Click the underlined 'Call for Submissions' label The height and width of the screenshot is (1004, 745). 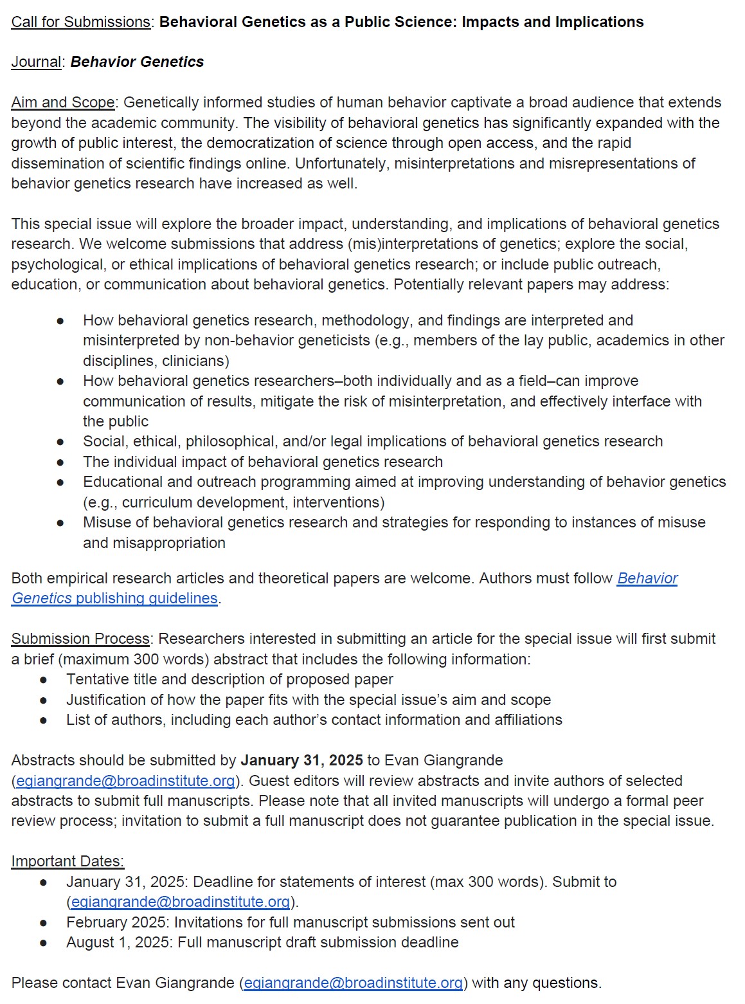(81, 22)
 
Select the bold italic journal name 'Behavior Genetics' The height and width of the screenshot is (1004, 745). (137, 62)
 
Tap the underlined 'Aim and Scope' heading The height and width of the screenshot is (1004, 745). (63, 102)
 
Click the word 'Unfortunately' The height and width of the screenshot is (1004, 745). (341, 163)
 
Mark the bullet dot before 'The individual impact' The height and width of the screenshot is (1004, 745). (60, 462)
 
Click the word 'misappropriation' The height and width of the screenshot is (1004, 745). (154, 543)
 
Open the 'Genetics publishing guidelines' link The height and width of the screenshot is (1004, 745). (115, 598)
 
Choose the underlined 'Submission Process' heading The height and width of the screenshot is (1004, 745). (81, 639)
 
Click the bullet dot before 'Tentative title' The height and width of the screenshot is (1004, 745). (44, 679)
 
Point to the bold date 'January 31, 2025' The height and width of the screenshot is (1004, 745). (301, 760)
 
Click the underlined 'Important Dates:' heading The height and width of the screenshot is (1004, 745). (67, 861)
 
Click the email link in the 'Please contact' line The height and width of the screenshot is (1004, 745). (353, 983)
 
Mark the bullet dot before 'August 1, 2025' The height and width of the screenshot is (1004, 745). (44, 942)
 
